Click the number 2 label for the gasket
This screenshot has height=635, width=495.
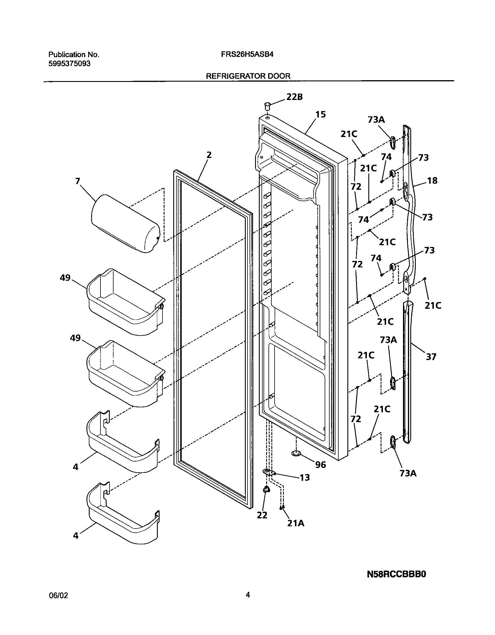(209, 155)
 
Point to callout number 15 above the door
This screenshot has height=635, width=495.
(320, 115)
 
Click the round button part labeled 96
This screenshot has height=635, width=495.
(296, 453)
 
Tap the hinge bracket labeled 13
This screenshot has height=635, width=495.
(269, 472)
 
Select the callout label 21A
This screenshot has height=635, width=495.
(296, 523)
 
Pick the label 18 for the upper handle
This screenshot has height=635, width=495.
(432, 181)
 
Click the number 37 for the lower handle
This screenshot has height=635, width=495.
(431, 357)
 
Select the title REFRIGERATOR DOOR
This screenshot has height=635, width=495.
(248, 76)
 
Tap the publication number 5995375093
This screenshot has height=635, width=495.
(69, 64)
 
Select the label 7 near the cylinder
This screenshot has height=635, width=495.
(77, 181)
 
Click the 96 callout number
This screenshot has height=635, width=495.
(321, 464)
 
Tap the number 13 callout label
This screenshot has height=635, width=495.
(305, 478)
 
